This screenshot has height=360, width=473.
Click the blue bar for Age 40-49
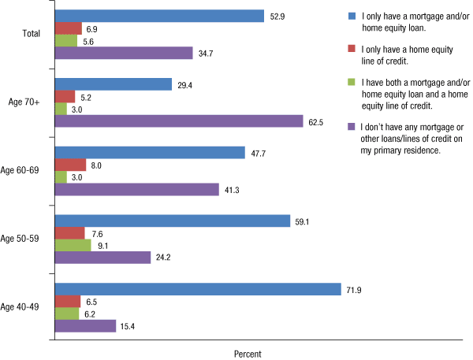pyautogui.click(x=197, y=289)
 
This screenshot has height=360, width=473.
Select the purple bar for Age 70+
pyautogui.click(x=178, y=121)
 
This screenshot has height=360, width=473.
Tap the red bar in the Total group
pyautogui.click(x=68, y=28)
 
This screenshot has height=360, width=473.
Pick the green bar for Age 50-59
pyautogui.click(x=72, y=245)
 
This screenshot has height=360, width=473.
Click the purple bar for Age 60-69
pyautogui.click(x=136, y=190)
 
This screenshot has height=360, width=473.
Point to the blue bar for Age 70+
pyautogui.click(x=113, y=84)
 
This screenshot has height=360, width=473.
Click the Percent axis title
pyautogui.click(x=248, y=354)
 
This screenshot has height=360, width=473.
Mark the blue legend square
pyautogui.click(x=352, y=15)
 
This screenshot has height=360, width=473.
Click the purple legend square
pyautogui.click(x=352, y=125)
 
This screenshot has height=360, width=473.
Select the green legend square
pyautogui.click(x=352, y=81)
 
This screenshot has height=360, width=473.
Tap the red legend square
pyautogui.click(x=352, y=48)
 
